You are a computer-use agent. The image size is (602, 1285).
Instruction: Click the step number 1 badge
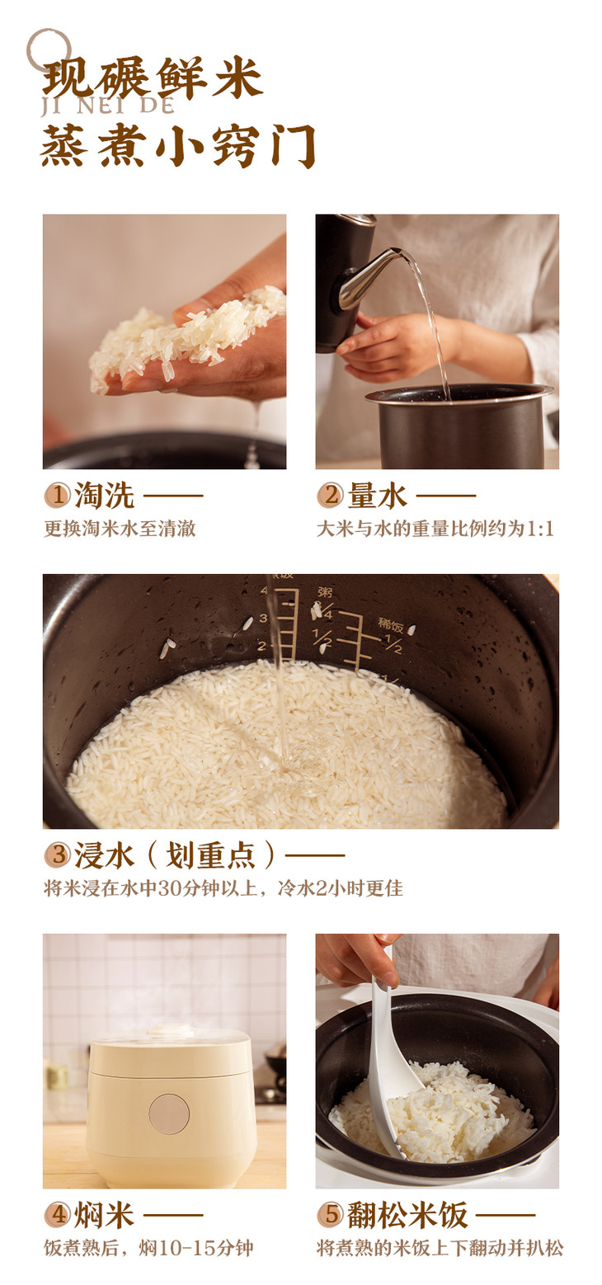point(58,495)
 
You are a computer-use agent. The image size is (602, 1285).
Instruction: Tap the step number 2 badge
point(330,495)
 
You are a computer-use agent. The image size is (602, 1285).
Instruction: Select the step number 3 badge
point(58,854)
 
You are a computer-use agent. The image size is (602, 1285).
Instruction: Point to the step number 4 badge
point(58,1214)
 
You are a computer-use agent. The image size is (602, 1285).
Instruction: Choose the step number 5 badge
point(330,1214)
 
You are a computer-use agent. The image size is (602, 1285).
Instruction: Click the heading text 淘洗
point(105,495)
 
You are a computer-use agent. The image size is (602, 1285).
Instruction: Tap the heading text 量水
point(377,495)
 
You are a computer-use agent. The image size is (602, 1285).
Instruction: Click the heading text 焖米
point(105,1214)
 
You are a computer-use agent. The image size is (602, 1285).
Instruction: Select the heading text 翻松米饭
point(407,1214)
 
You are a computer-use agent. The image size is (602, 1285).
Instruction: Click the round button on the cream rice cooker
point(168,1114)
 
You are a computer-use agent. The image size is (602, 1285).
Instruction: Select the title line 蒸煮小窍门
point(178,145)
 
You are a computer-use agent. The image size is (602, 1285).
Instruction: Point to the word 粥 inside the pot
point(325,591)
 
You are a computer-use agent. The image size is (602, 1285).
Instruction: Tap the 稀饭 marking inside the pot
point(390,624)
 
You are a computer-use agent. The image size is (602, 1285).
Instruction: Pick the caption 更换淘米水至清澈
point(120,529)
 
